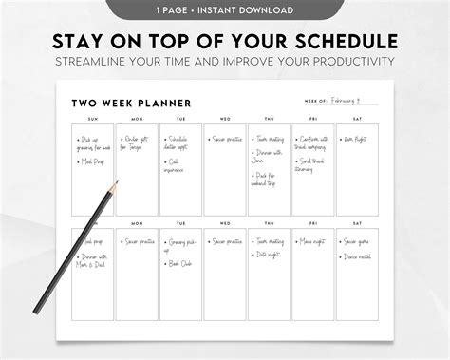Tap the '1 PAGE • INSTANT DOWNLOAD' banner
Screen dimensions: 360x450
coord(224,9)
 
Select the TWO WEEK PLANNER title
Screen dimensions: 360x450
coord(130,103)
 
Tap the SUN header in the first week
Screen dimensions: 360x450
coord(92,119)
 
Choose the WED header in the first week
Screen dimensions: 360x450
coord(225,119)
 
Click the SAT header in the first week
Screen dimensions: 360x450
coord(358,119)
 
